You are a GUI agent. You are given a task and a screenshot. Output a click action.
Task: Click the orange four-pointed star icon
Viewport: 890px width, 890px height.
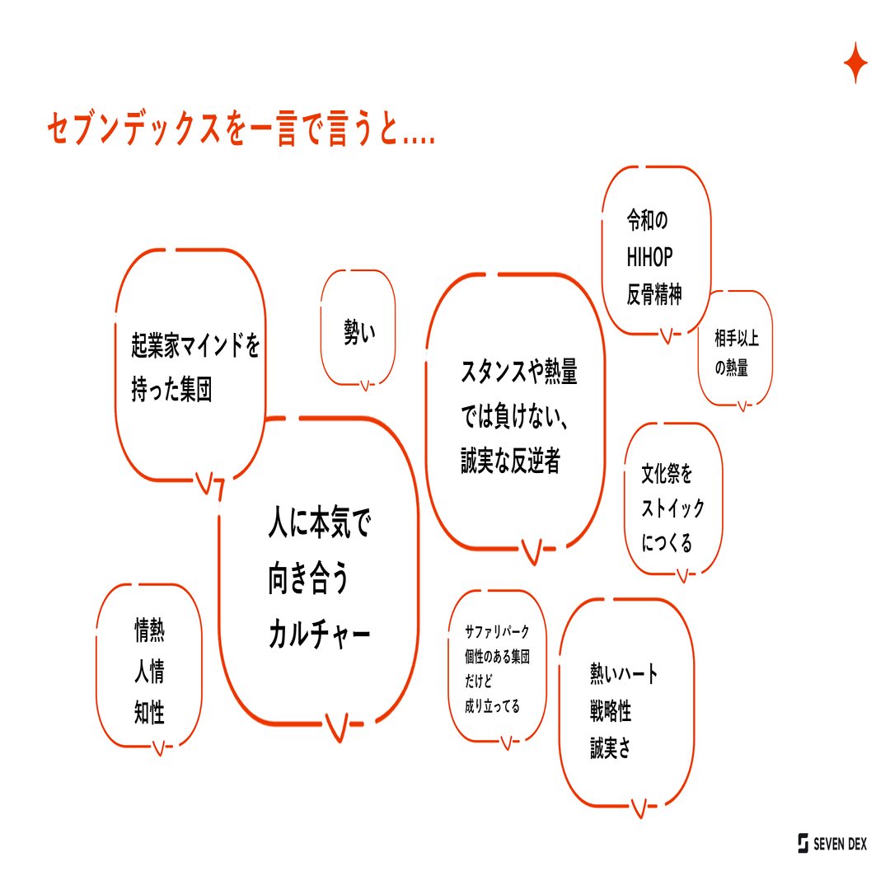point(855,63)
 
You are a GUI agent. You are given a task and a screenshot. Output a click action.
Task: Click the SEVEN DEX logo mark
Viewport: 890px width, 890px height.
point(803,843)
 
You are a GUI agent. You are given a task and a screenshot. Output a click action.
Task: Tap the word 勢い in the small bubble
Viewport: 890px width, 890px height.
point(358,332)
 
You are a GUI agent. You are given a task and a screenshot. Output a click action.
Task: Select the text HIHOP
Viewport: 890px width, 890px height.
point(649,258)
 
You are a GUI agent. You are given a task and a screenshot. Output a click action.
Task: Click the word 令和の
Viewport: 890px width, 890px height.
point(647,221)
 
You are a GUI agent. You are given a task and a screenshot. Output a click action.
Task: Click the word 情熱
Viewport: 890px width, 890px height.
point(149,631)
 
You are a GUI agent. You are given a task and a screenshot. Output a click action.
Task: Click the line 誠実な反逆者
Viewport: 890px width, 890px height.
point(510,462)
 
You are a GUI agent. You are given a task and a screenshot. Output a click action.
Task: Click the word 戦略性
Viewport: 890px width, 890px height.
point(611,712)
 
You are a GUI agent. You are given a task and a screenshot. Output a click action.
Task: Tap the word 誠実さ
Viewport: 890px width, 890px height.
point(611,750)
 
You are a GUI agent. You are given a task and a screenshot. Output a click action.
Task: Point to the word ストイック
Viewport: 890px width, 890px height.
point(673,508)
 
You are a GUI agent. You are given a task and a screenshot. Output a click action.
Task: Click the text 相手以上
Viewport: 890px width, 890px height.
point(737,336)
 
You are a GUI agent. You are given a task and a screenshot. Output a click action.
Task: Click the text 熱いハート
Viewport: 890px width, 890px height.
point(624,674)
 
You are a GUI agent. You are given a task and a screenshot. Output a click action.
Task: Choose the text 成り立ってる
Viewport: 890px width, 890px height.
point(492,706)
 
